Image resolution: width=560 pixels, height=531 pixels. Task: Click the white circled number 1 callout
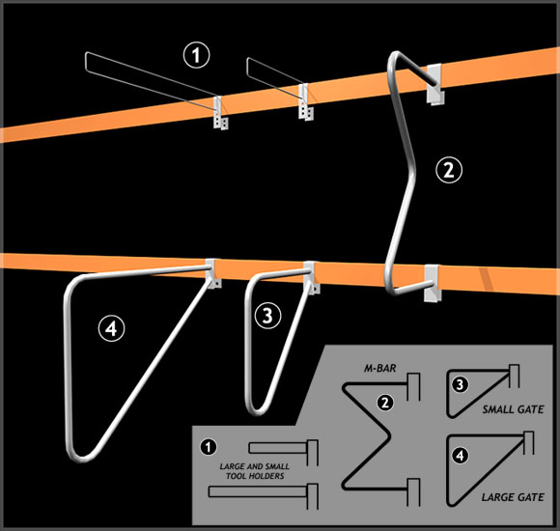(196, 55)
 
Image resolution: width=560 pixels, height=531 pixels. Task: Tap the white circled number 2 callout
(449, 170)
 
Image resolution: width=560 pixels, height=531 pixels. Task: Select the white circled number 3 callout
(267, 316)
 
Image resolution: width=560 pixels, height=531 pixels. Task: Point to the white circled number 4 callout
(111, 328)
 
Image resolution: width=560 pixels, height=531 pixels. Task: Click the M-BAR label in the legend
(380, 368)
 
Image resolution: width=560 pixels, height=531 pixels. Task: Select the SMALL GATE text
(514, 409)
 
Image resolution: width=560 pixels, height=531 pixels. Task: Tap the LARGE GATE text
(513, 497)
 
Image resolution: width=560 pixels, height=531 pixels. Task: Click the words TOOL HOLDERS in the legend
(255, 476)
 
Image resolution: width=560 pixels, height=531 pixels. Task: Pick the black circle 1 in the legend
(209, 447)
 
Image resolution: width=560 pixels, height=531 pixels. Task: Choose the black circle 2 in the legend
(385, 403)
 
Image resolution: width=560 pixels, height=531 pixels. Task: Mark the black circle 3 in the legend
(460, 385)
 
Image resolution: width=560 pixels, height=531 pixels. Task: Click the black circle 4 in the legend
(460, 456)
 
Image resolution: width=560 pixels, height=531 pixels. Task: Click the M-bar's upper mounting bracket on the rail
(435, 84)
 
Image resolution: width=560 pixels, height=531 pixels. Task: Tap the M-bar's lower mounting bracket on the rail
(432, 283)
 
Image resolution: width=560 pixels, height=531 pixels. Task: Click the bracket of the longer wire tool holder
(220, 113)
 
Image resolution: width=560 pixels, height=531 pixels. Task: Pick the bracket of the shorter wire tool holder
(306, 102)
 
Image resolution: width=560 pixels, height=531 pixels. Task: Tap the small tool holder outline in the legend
(283, 452)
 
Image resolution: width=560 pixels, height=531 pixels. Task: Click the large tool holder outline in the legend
(263, 495)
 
